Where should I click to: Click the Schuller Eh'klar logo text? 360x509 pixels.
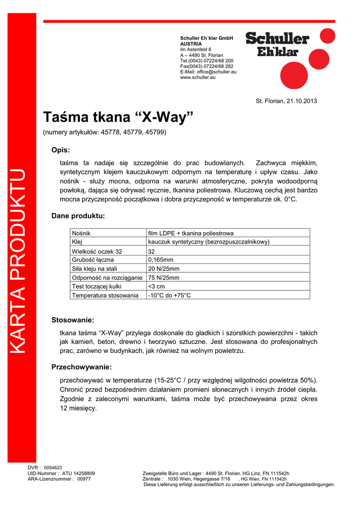277,45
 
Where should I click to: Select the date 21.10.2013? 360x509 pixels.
301,101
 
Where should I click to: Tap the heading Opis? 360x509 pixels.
61,150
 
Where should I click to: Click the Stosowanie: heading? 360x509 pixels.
73,320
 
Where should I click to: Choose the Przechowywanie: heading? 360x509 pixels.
82,367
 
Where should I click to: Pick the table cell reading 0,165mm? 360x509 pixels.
161,259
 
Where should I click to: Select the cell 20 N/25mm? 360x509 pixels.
164,268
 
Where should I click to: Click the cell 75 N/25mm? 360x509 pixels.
164,277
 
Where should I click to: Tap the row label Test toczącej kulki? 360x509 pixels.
96,286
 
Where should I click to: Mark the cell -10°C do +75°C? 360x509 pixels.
170,295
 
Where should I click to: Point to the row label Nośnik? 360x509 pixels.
81,233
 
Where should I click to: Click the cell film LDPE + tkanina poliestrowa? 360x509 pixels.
191,233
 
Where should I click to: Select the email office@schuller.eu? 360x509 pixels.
215,72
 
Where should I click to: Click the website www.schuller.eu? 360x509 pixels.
197,78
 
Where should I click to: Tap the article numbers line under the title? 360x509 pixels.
105,133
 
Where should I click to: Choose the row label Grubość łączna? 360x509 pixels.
93,259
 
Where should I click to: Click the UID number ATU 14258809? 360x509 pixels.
79,473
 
